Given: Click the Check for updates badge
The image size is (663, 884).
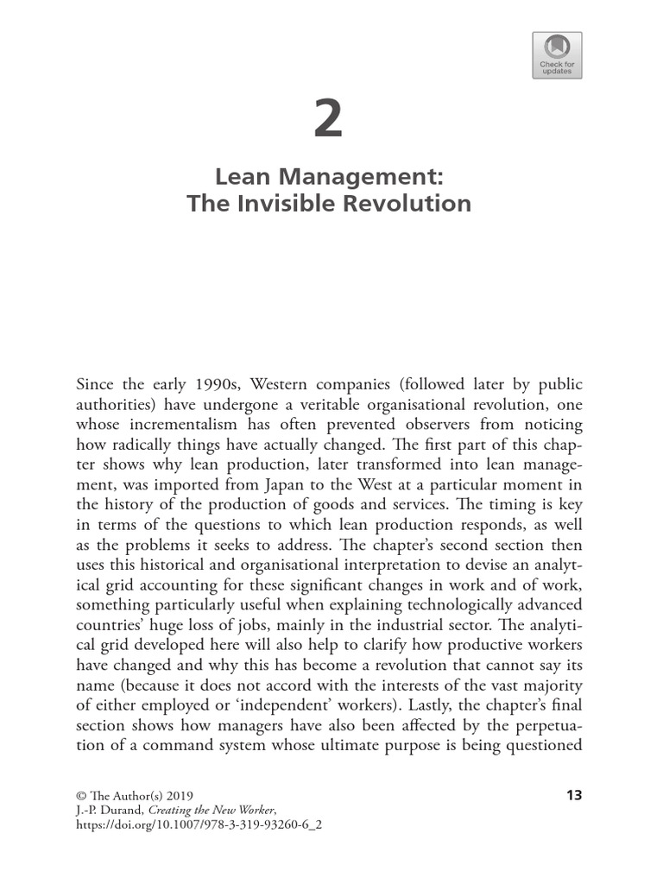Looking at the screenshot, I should [x=556, y=55].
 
